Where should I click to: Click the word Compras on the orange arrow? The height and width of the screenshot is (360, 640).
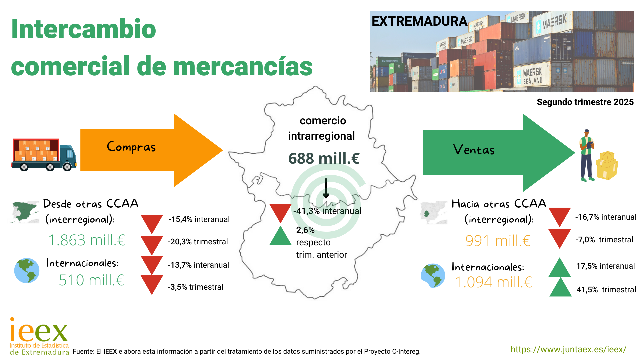131,147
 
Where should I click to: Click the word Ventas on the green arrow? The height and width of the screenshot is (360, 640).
474,150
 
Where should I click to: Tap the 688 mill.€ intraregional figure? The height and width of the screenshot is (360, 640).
324,158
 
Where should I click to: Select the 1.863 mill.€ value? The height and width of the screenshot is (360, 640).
87,240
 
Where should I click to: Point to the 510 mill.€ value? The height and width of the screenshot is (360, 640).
91,280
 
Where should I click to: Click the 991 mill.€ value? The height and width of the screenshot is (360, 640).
498,241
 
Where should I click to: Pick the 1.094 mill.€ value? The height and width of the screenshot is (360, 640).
493,282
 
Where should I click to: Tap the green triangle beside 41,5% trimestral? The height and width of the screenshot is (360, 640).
560,287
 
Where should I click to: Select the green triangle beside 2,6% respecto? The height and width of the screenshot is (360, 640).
280,236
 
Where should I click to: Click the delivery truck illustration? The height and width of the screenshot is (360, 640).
44,155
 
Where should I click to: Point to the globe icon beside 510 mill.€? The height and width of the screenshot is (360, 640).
27,270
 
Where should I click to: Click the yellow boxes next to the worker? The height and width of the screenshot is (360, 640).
607,165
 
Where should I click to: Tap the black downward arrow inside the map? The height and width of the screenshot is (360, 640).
326,188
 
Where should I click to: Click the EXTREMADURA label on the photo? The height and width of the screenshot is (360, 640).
419,21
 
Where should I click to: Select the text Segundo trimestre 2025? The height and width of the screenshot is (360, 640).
585,102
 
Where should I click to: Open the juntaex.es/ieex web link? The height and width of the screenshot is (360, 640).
568,349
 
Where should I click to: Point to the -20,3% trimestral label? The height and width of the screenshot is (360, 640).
198,242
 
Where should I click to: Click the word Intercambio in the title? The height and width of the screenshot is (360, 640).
84,29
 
